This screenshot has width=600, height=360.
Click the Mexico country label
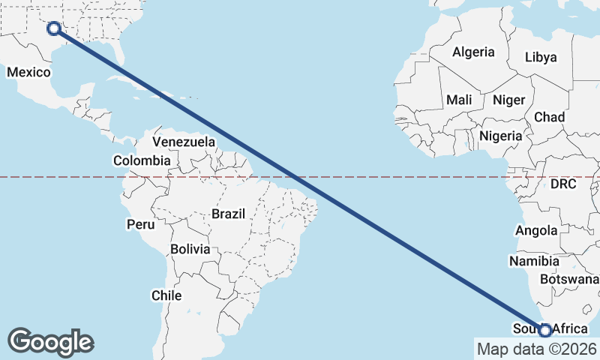tap(28, 73)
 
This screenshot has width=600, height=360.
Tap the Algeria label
tap(473, 52)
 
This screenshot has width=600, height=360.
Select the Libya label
tap(541, 57)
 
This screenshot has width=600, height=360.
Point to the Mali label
tap(459, 100)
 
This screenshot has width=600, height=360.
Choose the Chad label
tap(549, 118)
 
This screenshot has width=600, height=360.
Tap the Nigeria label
tap(499, 136)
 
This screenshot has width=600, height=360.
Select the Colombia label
tap(142, 160)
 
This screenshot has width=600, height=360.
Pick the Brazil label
tap(228, 214)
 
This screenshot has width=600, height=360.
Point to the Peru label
tap(140, 224)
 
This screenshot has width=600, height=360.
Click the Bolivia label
tap(190, 249)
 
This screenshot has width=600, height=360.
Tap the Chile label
tap(166, 295)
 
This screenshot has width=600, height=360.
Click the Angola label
tap(536, 231)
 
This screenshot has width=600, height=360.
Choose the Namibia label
tap(534, 262)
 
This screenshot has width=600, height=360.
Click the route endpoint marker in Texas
tap(54, 28)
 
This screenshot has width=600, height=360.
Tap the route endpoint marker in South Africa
tap(545, 329)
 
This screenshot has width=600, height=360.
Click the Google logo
tap(50, 342)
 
